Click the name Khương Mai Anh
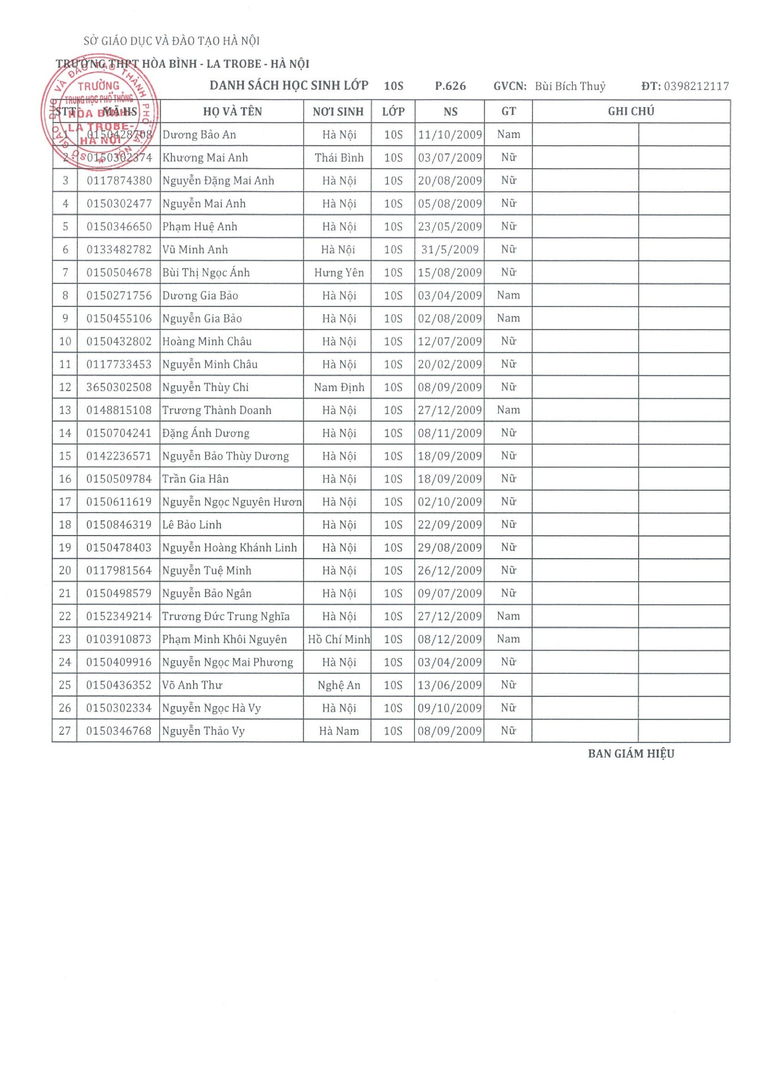coord(205,158)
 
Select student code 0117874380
coord(119,181)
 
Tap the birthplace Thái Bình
coord(339,158)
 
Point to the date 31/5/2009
coord(450,250)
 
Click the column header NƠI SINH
coord(338,111)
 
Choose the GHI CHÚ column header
coord(631,111)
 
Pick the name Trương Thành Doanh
coord(217,410)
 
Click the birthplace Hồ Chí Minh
coord(339,639)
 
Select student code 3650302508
coord(119,388)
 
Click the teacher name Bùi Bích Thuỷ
coord(570,86)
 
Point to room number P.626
coord(450,86)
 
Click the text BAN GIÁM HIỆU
coord(631,754)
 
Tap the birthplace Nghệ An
coord(339,685)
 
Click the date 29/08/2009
coord(450,548)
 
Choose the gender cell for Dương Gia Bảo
coord(508,296)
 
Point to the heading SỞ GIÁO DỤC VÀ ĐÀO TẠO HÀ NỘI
coord(172,41)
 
